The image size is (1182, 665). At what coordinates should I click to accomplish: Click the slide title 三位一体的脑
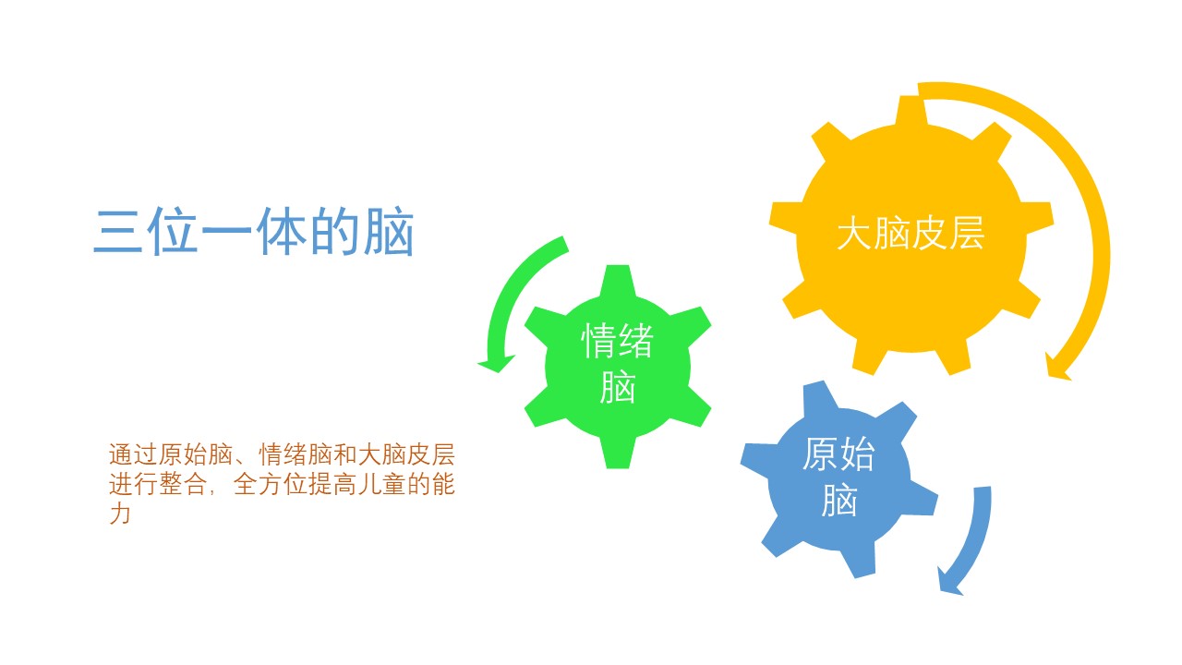point(254,232)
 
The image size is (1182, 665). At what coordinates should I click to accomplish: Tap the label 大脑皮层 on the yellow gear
point(911,233)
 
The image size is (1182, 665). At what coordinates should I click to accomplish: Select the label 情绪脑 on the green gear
point(618,363)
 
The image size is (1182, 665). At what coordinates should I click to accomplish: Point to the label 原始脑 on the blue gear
point(839,476)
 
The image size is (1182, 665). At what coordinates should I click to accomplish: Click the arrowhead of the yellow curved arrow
point(1056,367)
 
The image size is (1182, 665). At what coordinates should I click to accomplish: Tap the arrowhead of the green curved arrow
point(496,363)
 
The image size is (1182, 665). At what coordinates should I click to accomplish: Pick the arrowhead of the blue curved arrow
point(951,582)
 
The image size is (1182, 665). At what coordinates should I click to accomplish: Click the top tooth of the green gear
point(618,281)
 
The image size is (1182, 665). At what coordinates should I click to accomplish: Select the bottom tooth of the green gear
point(618,453)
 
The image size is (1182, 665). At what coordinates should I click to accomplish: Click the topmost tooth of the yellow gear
point(911,111)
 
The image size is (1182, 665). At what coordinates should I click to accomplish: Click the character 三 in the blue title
point(118,232)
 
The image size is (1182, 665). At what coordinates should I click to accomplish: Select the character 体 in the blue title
point(281,232)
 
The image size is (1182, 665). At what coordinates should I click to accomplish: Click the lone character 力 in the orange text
point(120,514)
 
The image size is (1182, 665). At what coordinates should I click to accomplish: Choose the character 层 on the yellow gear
point(967,233)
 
